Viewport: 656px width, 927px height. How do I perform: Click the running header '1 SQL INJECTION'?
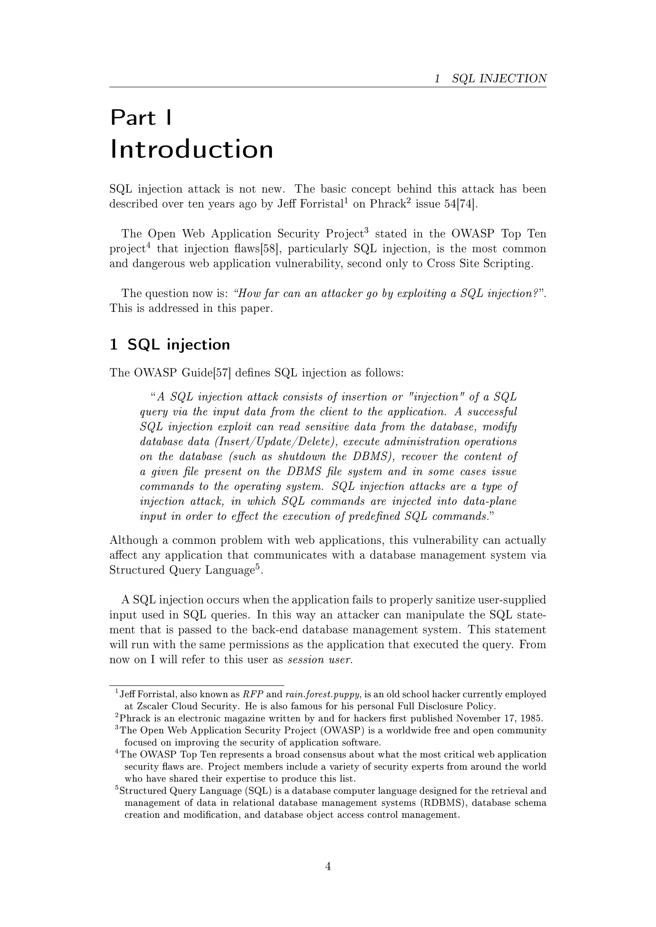tap(490, 78)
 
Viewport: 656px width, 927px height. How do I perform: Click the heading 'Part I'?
tap(141, 118)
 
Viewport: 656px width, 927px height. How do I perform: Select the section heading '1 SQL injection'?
tap(170, 344)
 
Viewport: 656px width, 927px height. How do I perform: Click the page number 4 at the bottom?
tap(328, 866)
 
